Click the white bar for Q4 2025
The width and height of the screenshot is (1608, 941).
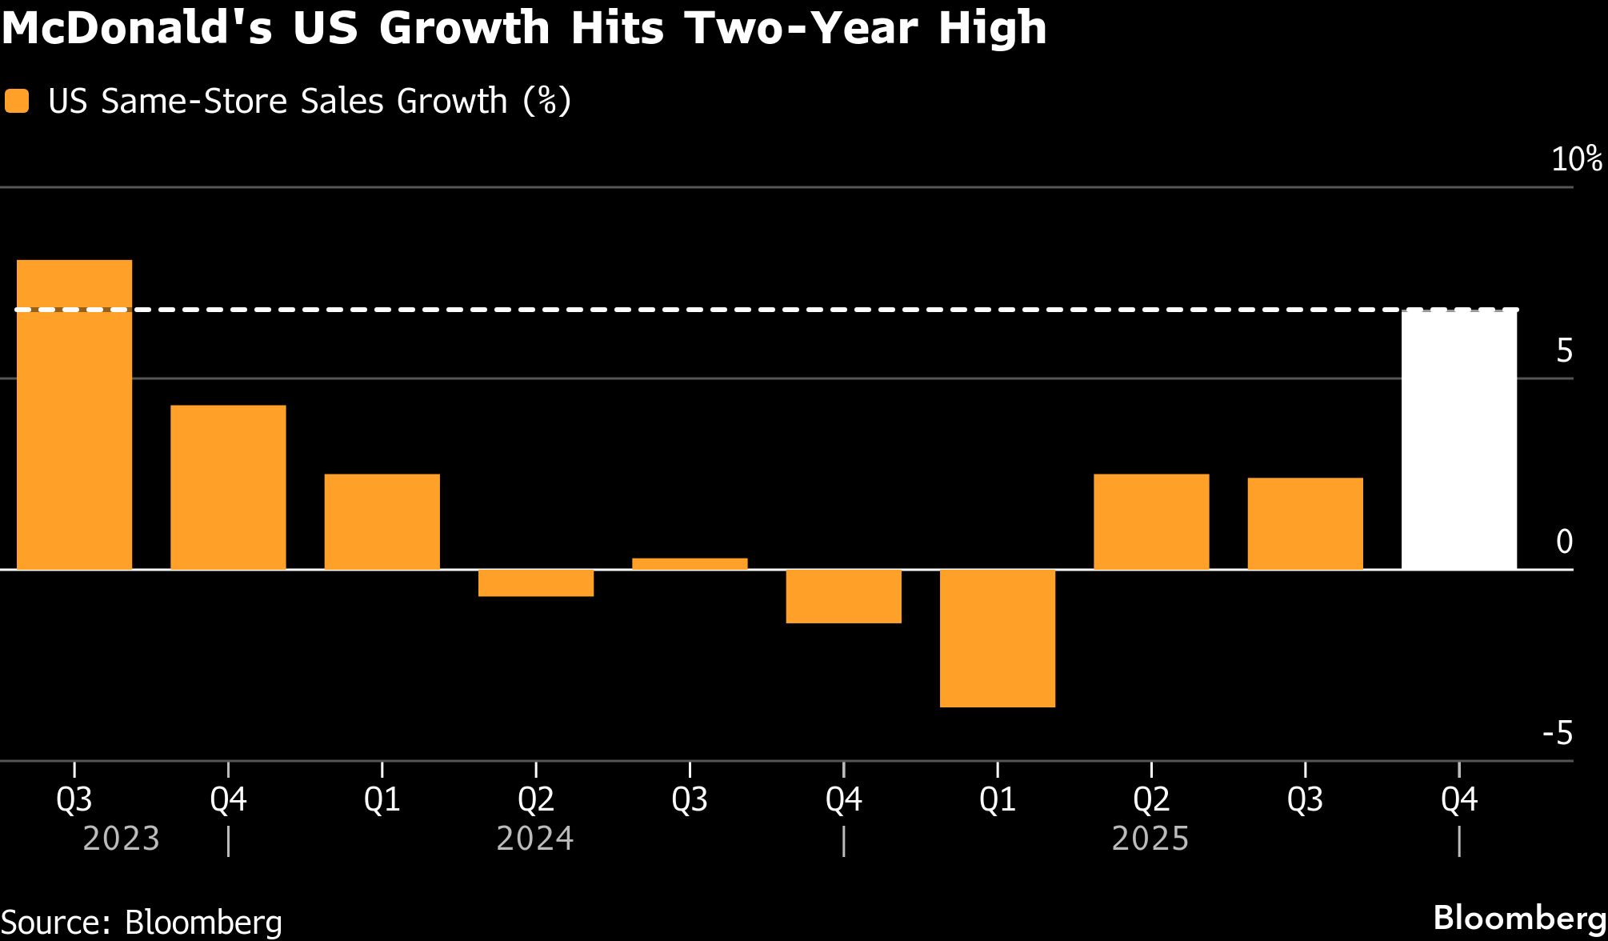[1459, 439]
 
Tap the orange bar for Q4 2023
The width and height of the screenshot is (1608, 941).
[228, 487]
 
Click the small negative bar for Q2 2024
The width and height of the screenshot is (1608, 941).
[536, 583]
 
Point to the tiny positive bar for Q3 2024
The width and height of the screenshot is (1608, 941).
[690, 564]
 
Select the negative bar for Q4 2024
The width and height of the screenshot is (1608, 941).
[844, 596]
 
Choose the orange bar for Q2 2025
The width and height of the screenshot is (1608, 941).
[1151, 522]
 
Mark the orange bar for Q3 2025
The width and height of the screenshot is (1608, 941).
[1305, 523]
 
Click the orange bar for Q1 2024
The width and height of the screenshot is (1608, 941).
[382, 522]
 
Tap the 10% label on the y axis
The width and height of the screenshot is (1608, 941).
[1576, 159]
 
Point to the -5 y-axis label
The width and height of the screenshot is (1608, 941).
[1557, 733]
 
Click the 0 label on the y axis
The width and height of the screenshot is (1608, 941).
[1564, 542]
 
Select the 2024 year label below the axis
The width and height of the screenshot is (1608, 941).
[535, 839]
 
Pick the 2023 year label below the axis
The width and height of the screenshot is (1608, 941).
[122, 839]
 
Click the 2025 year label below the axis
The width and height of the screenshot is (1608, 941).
[1150, 839]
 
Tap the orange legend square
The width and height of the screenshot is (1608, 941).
[17, 102]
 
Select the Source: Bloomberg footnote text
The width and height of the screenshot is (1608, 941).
[142, 922]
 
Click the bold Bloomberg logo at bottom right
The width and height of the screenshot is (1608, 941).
[1519, 918]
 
